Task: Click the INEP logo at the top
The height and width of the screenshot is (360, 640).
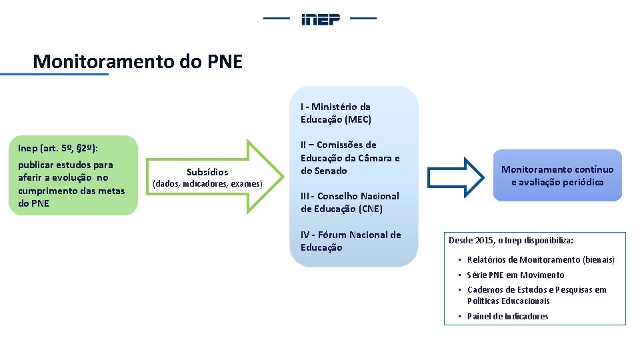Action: [321, 19]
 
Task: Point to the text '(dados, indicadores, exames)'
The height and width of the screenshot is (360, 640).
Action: [208, 183]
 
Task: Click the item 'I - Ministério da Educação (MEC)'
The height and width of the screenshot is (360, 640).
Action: [336, 113]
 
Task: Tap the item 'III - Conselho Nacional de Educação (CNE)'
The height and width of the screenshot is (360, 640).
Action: [349, 202]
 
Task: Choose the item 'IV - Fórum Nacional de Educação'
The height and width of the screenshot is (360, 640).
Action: [351, 241]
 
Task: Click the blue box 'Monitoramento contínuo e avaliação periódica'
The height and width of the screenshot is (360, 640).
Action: [557, 176]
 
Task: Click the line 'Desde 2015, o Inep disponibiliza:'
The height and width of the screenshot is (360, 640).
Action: [511, 240]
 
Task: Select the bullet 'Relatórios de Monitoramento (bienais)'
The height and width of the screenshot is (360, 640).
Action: [541, 259]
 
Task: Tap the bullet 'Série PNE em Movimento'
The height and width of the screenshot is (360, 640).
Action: [515, 275]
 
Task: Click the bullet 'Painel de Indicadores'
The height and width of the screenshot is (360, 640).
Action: [507, 316]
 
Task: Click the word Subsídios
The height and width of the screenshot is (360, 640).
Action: [207, 172]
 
